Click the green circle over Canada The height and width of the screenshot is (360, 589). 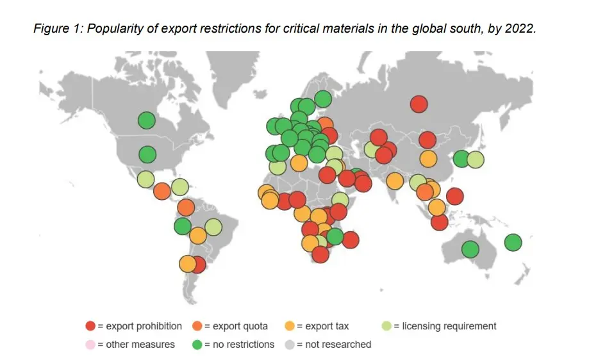(x=147, y=120)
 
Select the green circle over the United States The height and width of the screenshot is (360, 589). (x=147, y=154)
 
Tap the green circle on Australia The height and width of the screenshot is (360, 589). (x=470, y=249)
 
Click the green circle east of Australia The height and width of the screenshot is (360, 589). (x=513, y=242)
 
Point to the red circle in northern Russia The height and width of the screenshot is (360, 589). (x=419, y=104)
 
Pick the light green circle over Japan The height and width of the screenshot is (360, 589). (x=475, y=160)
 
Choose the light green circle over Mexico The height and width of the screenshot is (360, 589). (x=145, y=179)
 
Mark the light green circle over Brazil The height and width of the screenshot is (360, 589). (x=213, y=227)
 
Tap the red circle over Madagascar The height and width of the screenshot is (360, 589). (x=350, y=240)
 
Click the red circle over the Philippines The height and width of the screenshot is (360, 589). (x=454, y=197)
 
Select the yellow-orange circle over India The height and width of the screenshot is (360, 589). (x=395, y=181)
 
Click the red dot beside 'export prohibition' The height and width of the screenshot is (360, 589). (x=90, y=326)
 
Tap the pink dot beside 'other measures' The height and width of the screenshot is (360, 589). (x=90, y=344)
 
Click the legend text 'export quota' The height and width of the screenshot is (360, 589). (x=240, y=326)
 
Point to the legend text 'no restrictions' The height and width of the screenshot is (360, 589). (x=244, y=344)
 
